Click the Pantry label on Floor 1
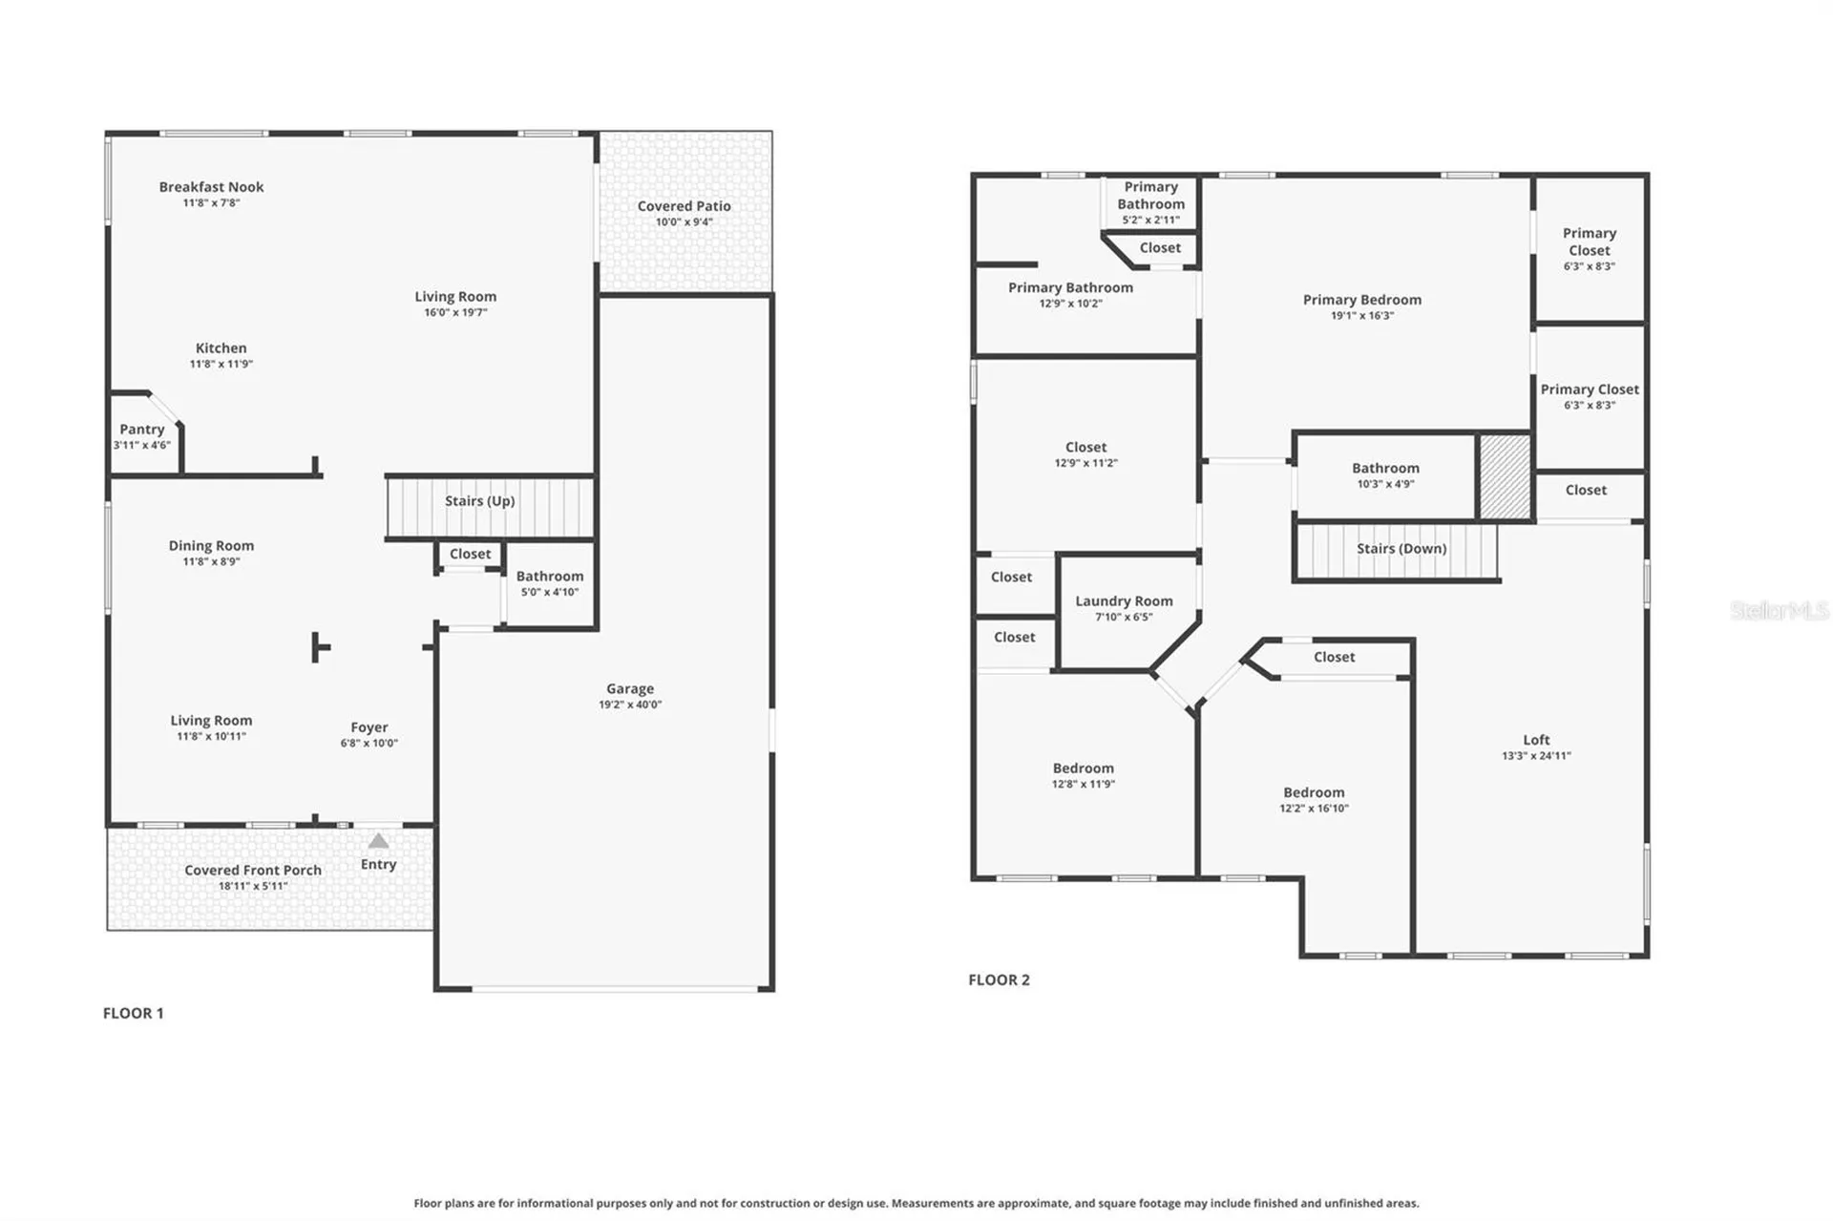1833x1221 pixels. click(x=142, y=430)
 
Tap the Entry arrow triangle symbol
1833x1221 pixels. click(x=379, y=841)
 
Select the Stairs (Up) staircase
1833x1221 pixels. click(x=491, y=508)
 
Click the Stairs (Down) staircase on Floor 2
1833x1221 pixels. click(x=1396, y=551)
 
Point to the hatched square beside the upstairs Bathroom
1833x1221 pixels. click(x=1505, y=477)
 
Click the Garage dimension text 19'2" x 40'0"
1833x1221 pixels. click(x=630, y=705)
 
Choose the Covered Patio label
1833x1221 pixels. click(x=685, y=206)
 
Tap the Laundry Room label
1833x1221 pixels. click(x=1125, y=601)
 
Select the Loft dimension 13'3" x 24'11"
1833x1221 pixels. click(x=1536, y=756)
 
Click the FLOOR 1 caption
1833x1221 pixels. click(x=134, y=1013)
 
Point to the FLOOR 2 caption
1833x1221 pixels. click(x=1000, y=979)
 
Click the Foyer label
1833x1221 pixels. click(x=369, y=727)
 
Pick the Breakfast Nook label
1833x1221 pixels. click(x=212, y=187)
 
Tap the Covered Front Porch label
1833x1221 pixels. click(x=253, y=871)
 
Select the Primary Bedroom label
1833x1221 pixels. click(x=1362, y=300)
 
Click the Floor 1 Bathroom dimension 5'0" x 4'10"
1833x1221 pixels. click(x=550, y=592)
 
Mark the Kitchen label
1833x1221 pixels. click(x=221, y=348)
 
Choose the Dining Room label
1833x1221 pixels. click(x=212, y=546)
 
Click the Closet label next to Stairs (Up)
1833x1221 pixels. click(x=471, y=554)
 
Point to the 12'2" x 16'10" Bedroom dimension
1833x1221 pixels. click(x=1315, y=809)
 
